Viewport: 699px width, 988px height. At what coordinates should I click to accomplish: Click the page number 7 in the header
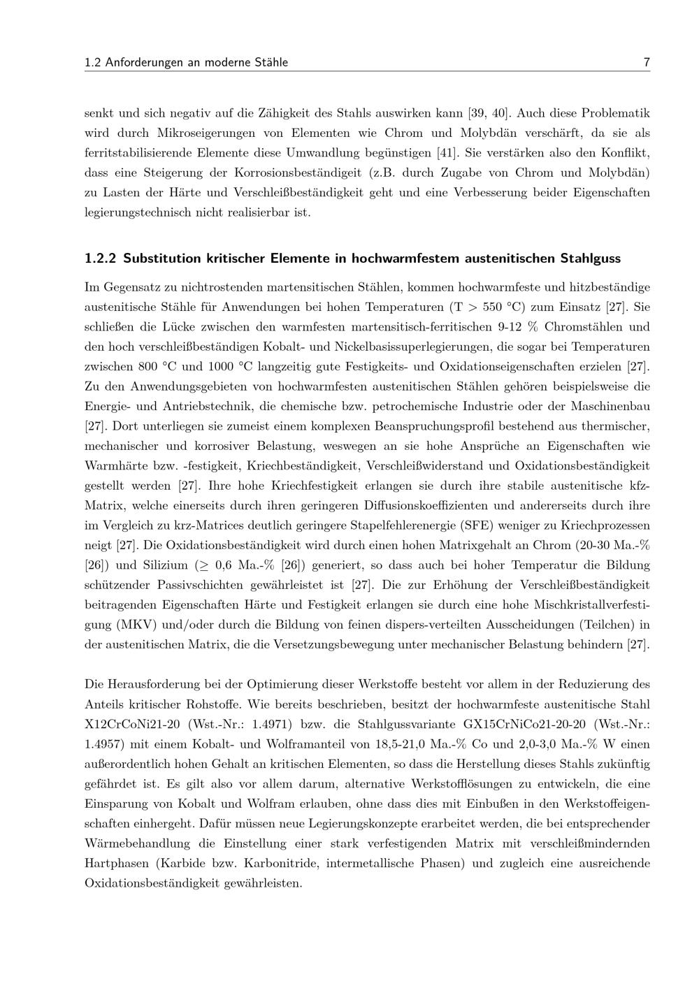pos(647,63)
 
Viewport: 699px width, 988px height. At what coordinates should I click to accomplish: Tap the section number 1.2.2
pos(100,259)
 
